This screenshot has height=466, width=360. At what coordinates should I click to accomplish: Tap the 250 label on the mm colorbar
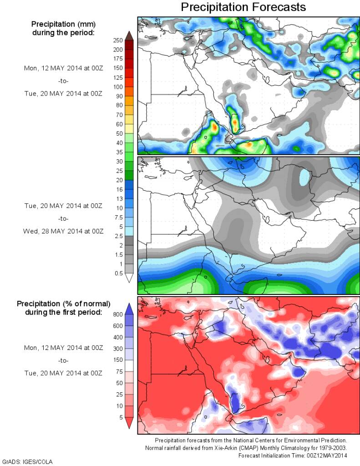coord(118,40)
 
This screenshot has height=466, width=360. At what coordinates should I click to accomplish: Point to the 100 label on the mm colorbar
coord(118,86)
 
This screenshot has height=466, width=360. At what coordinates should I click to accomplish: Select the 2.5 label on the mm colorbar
coord(118,236)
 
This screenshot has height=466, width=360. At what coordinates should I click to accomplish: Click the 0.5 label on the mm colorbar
coord(118,273)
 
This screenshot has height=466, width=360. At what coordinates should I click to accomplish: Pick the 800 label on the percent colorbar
coord(118,314)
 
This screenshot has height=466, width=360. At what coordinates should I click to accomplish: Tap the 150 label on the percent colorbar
coord(118,360)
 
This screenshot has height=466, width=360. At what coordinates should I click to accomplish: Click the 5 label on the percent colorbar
coord(120,417)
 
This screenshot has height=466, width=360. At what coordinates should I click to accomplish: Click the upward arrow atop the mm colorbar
coord(129,35)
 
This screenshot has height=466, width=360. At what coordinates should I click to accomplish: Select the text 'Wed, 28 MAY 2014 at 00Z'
coord(63,231)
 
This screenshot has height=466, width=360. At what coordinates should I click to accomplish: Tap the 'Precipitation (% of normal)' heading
coord(63,303)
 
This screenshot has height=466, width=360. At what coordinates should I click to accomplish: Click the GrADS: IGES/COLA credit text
coord(28,462)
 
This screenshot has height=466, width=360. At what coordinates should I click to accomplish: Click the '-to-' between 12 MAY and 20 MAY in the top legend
coord(63,81)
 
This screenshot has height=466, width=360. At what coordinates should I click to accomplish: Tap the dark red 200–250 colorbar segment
coord(129,45)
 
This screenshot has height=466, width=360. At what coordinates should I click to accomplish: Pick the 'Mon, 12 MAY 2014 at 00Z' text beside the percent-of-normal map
coord(63,347)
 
